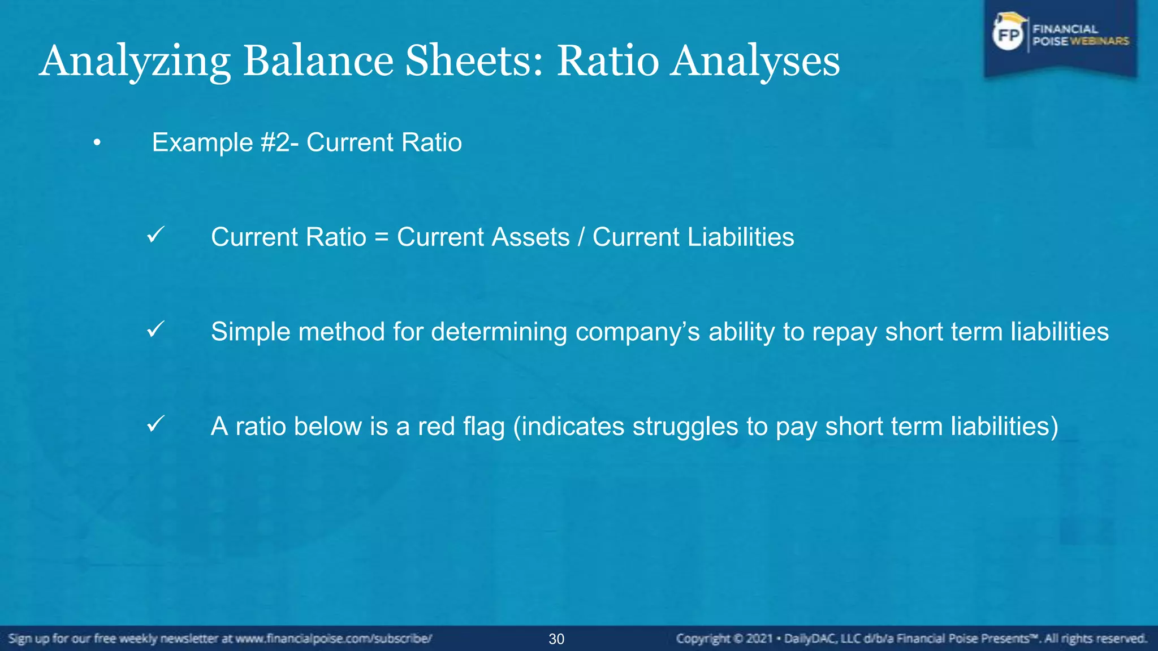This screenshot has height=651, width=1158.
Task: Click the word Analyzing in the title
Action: [x=135, y=61]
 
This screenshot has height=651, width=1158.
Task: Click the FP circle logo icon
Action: [x=1008, y=35]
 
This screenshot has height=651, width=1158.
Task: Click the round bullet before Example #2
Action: [x=97, y=143]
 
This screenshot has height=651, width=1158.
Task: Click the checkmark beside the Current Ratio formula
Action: [x=155, y=235]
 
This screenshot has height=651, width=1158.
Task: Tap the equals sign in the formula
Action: [x=382, y=237]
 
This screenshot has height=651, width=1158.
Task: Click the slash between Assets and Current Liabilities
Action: [x=581, y=237]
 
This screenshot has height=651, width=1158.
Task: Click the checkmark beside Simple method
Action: [x=155, y=329]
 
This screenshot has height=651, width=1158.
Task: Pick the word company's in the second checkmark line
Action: [x=638, y=332]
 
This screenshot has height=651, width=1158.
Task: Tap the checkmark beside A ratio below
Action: [x=155, y=423]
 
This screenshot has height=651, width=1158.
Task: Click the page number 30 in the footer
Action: [x=556, y=639]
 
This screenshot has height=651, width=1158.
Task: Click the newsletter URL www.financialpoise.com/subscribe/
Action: [x=334, y=639]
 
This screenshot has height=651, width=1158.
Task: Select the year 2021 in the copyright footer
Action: [x=759, y=639]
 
